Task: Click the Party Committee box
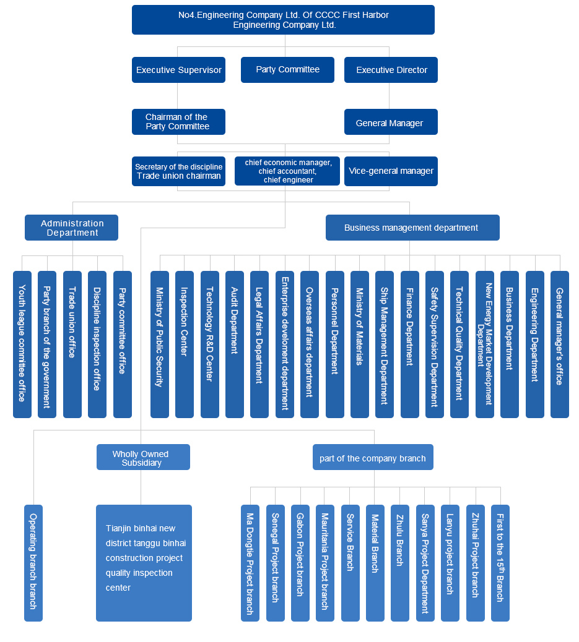[x=287, y=70]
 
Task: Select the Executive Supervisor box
[x=178, y=70]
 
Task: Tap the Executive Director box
[x=391, y=70]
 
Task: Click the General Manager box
[x=391, y=122]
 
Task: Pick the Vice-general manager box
[x=391, y=171]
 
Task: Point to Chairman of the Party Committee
[x=178, y=122]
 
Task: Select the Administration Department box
[x=71, y=228]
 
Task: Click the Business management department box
[x=412, y=228]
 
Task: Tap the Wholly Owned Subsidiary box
[x=143, y=457]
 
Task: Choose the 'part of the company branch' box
[x=373, y=457]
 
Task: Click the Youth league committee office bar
[x=22, y=344]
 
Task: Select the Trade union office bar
[x=72, y=344]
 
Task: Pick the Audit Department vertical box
[x=235, y=344]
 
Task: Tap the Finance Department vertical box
[x=409, y=344]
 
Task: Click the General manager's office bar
[x=559, y=344]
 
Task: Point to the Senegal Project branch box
[x=276, y=563]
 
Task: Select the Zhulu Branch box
[x=400, y=563]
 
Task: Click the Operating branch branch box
[x=33, y=563]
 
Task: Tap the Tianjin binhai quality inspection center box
[x=144, y=563]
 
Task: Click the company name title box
[x=283, y=20]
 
